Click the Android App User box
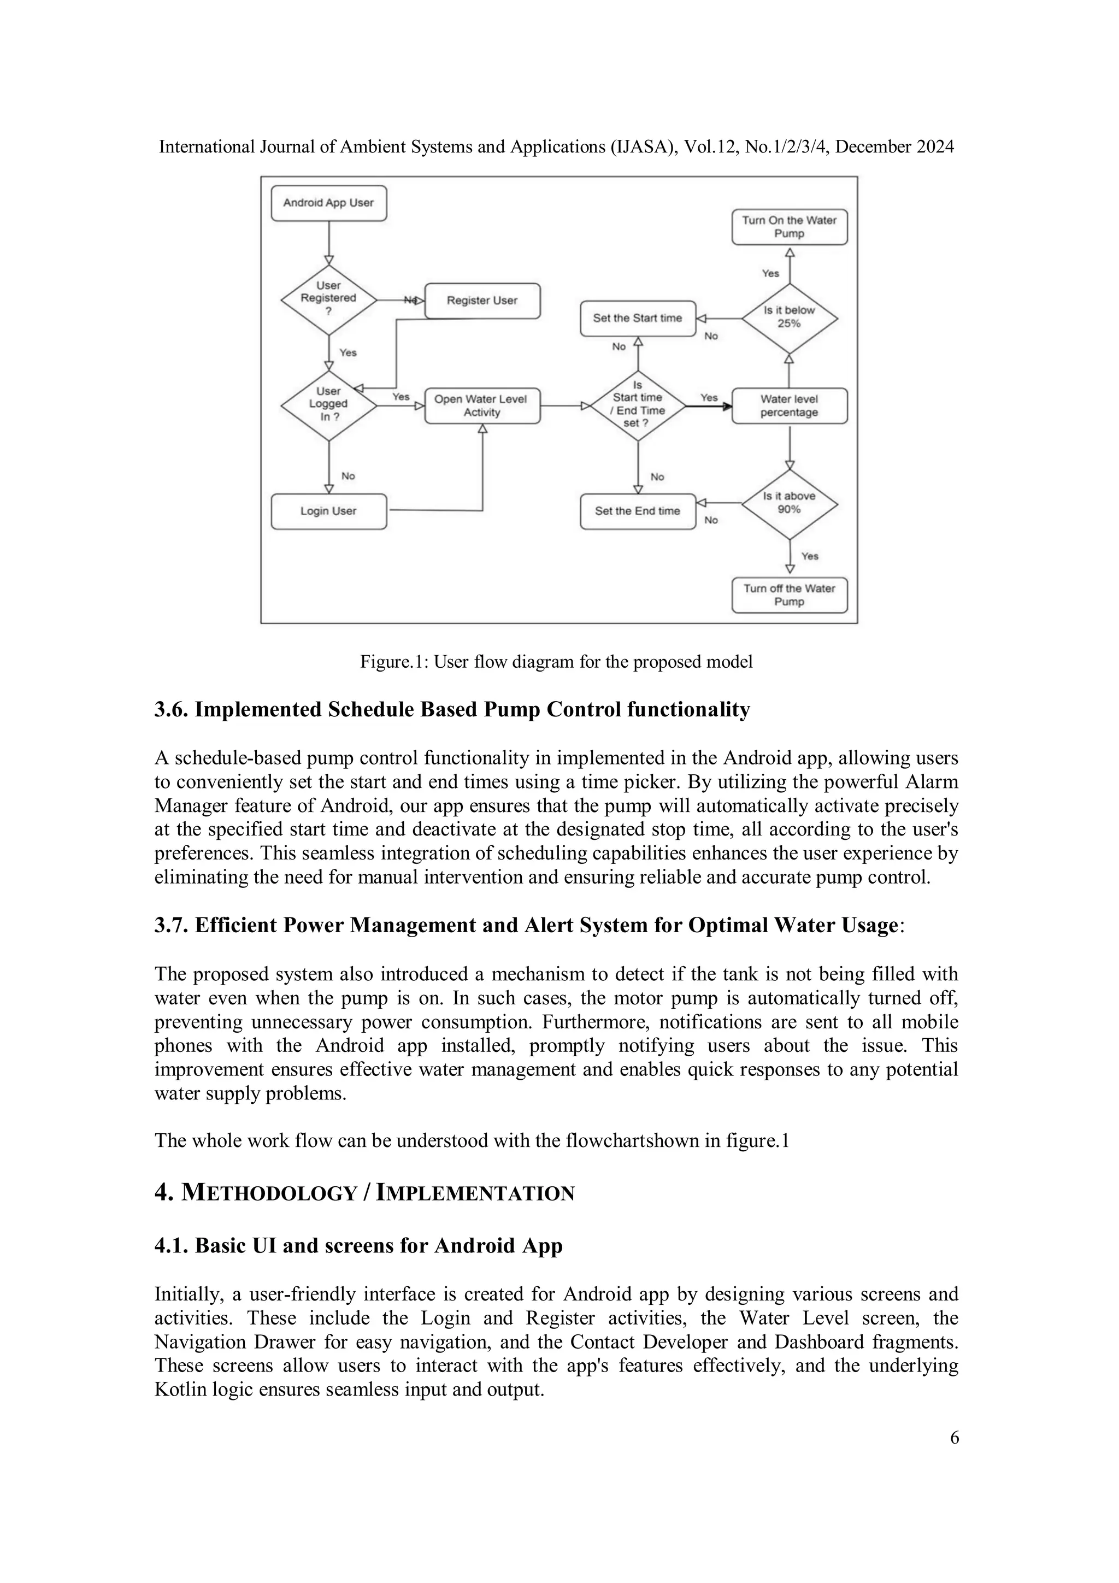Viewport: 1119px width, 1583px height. pos(328,203)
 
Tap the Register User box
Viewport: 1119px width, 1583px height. pos(482,301)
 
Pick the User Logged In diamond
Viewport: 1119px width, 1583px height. pos(328,405)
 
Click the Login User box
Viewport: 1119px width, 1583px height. pos(328,511)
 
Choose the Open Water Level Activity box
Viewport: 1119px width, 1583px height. pos(482,405)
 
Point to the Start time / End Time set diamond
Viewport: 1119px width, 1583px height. pos(637,405)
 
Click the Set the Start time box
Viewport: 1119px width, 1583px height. pos(637,318)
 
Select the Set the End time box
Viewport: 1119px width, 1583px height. pos(637,511)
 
